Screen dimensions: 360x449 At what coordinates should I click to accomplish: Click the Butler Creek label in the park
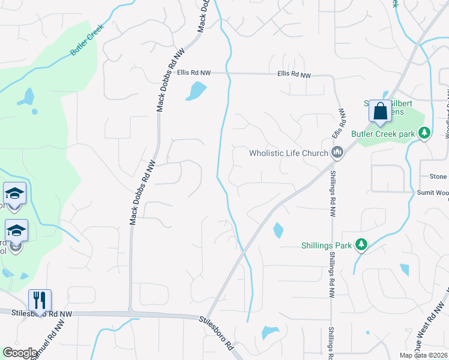[88, 40]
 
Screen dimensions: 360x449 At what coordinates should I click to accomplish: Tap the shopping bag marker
[380, 112]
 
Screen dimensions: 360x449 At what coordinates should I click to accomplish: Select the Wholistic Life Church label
[289, 154]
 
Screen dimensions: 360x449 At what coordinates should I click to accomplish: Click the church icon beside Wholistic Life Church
[337, 153]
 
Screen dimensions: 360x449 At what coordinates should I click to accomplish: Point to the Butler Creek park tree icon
[424, 133]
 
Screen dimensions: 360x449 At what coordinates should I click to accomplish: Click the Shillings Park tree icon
[360, 244]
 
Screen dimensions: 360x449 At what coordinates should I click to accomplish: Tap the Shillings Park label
[327, 245]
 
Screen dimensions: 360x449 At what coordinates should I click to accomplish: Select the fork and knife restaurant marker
[40, 300]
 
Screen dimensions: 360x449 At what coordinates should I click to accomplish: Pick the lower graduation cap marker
[17, 231]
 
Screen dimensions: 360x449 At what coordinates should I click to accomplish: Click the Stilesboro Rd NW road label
[36, 313]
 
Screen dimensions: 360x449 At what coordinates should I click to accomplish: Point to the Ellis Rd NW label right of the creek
[294, 75]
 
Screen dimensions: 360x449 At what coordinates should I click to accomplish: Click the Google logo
[20, 353]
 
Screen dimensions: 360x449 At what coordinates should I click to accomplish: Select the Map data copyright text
[424, 355]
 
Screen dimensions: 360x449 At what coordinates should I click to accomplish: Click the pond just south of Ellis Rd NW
[196, 91]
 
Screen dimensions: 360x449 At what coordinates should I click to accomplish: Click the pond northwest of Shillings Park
[278, 230]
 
